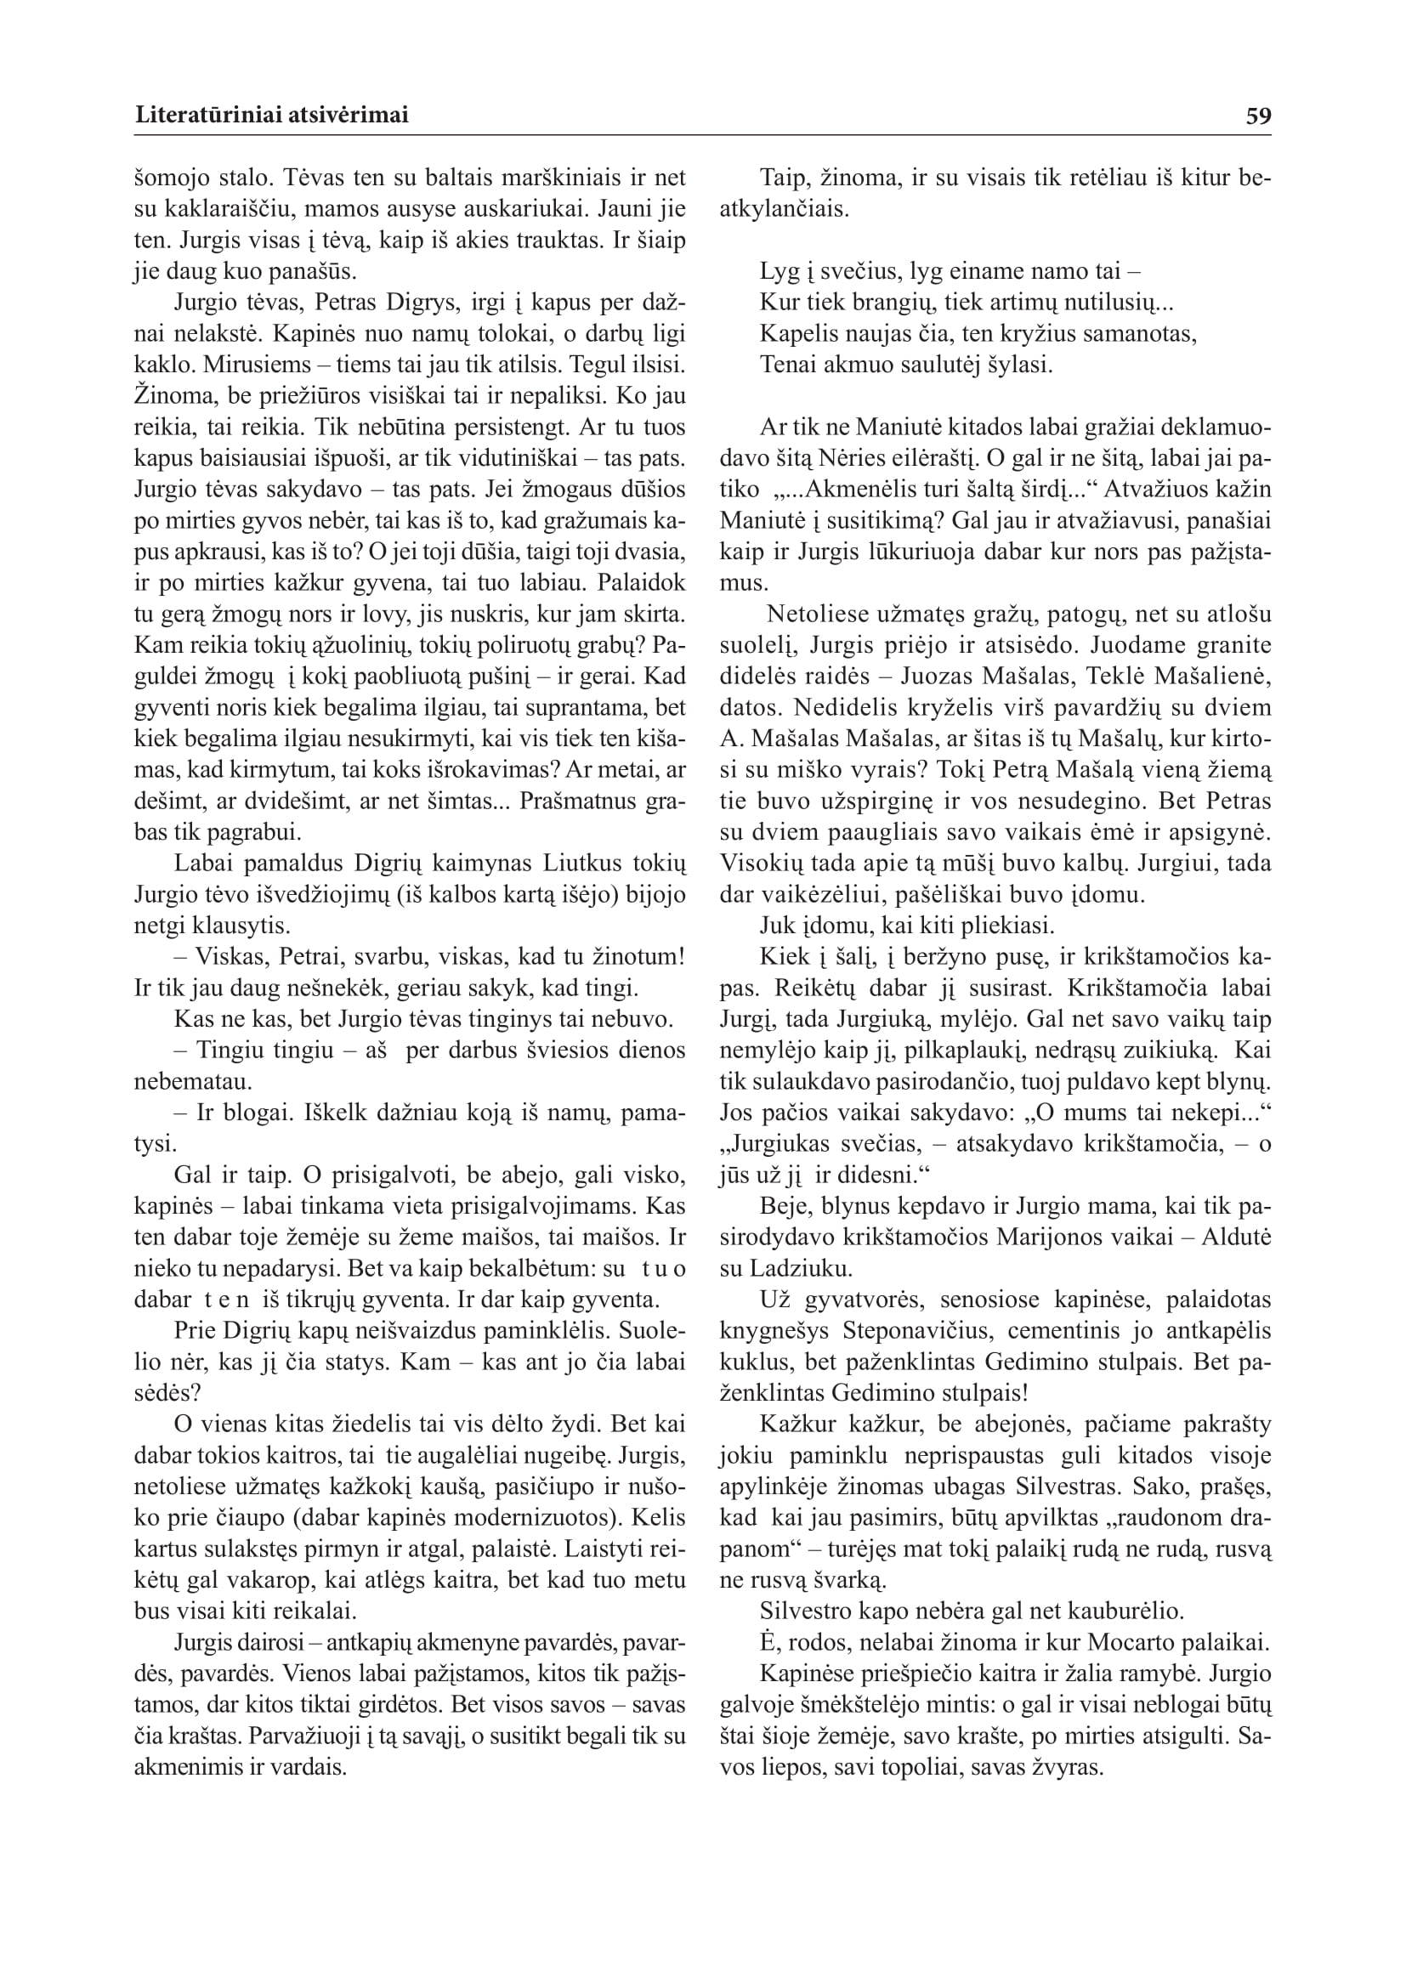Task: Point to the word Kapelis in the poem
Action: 796,334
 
